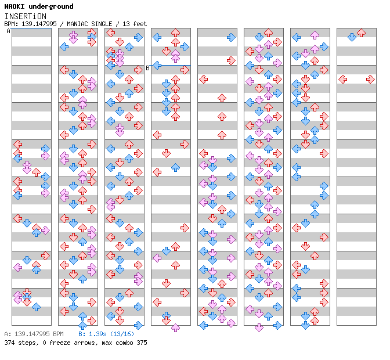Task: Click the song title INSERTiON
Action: (25, 16)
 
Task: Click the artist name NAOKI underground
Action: (39, 6)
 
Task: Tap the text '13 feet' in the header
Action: (136, 24)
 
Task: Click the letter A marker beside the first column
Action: (8, 31)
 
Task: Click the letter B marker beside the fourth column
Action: (147, 68)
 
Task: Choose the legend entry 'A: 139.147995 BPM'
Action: (34, 334)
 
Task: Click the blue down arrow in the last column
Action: (352, 37)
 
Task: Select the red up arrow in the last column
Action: (361, 33)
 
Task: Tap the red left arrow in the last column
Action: (342, 79)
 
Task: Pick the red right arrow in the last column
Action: (370, 79)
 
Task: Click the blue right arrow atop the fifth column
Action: (231, 37)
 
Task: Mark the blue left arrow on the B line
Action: (157, 65)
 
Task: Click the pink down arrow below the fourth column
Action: (175, 328)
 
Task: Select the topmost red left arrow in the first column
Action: (17, 144)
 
